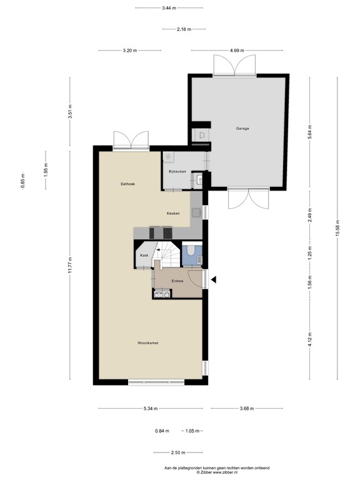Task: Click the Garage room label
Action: (242, 129)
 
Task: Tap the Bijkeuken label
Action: (177, 171)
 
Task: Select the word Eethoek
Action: (128, 184)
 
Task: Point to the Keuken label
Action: (173, 214)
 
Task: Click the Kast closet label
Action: (144, 255)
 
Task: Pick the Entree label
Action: (177, 281)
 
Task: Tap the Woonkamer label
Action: (148, 343)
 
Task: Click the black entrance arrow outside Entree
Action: (213, 280)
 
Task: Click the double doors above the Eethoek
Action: (131, 141)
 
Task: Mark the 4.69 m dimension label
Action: (237, 51)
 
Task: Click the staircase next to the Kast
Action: (167, 254)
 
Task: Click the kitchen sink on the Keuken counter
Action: (195, 212)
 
